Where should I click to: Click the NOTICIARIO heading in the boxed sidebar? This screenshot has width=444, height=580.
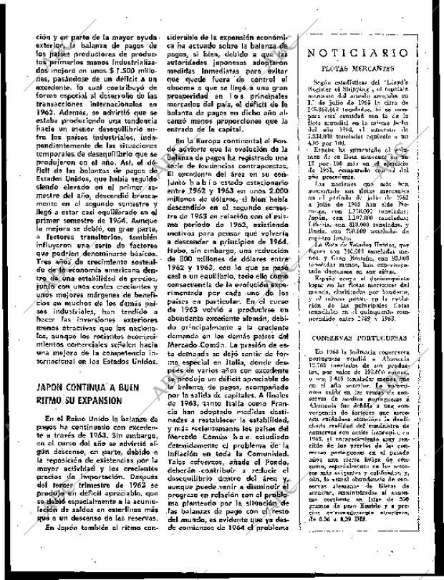pyautogui.click(x=357, y=54)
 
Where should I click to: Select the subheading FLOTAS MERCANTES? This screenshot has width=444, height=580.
pyautogui.click(x=357, y=69)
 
